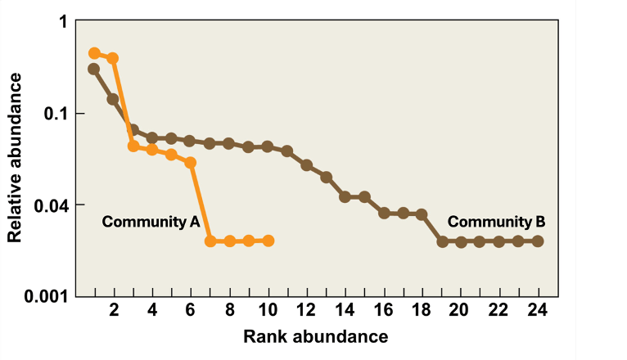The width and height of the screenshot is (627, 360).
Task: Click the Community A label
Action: click(151, 221)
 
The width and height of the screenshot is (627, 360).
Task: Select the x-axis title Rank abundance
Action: click(315, 336)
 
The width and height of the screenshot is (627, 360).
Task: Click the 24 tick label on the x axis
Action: click(538, 311)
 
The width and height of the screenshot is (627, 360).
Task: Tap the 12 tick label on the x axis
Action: click(306, 311)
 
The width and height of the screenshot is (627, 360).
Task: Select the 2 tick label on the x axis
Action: click(113, 311)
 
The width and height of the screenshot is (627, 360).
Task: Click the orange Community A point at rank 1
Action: click(94, 53)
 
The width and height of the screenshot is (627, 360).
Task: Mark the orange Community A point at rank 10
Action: click(268, 241)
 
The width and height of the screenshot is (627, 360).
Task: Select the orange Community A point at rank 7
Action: click(210, 241)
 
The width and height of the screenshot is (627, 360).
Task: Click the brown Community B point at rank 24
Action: click(538, 241)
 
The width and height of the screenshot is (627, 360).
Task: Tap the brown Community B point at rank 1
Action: click(94, 69)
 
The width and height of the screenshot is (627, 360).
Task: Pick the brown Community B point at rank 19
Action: click(442, 241)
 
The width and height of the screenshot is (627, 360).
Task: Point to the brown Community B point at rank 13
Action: click(326, 177)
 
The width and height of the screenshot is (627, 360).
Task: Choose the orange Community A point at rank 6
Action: click(191, 162)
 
